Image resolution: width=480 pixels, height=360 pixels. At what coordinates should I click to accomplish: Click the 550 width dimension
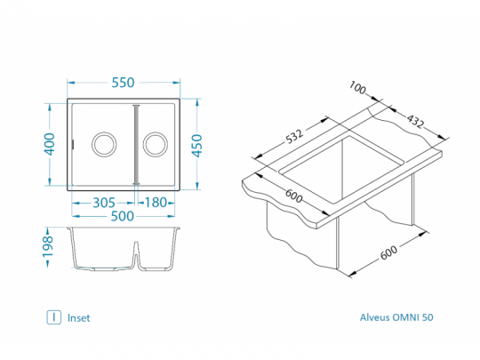click(123, 83)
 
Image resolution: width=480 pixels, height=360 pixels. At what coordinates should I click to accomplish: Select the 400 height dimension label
click(49, 144)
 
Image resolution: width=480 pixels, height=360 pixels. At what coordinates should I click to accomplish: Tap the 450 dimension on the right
click(197, 146)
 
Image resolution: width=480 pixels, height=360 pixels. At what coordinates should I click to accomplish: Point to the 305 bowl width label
click(104, 203)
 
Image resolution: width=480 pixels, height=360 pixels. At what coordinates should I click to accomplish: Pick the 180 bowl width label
click(156, 203)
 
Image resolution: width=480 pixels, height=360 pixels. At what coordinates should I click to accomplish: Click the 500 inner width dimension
click(122, 216)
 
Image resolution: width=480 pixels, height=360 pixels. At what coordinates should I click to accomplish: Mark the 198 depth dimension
click(48, 247)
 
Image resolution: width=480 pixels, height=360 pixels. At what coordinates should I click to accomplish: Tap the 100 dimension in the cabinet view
click(357, 88)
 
